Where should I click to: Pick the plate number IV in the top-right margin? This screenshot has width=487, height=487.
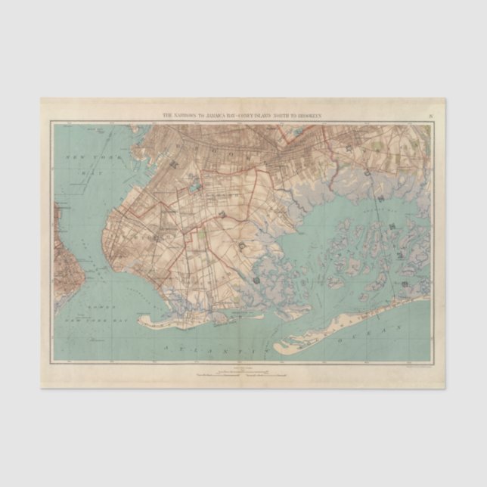tap(430, 114)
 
